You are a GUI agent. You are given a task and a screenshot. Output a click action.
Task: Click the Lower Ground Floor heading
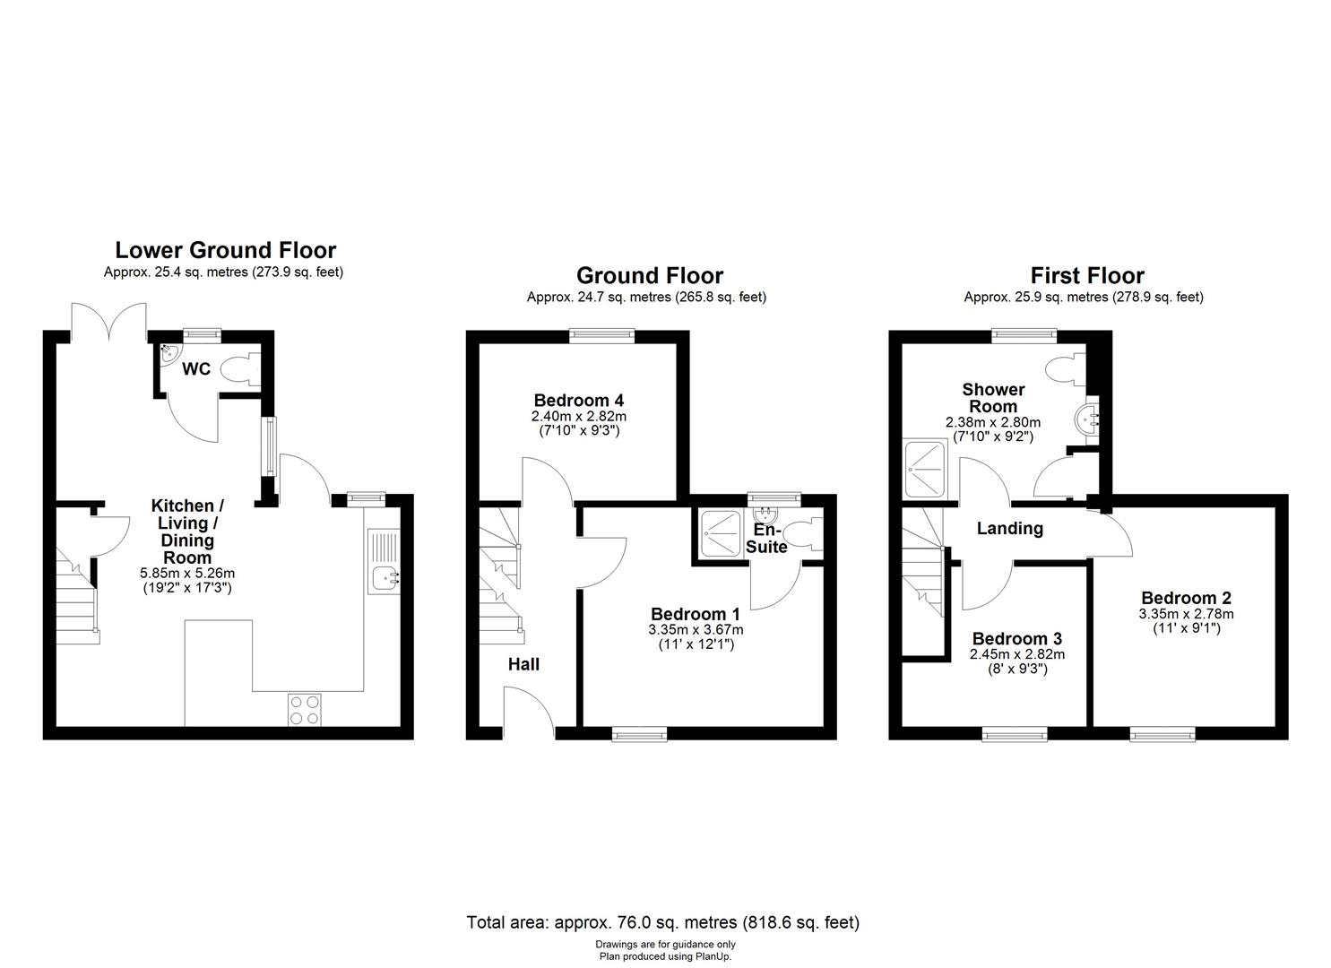225,250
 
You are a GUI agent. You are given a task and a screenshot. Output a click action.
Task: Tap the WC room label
196,369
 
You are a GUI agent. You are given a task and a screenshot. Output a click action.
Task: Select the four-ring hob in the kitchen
303,710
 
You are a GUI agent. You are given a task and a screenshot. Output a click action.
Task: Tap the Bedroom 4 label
578,400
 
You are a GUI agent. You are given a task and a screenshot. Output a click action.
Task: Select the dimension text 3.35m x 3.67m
696,629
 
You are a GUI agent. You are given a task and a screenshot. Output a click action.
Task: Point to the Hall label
523,664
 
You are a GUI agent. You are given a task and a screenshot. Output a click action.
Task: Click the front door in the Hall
528,713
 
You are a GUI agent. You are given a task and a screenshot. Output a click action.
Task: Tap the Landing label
1009,528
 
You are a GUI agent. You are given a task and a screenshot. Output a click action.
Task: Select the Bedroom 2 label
1186,598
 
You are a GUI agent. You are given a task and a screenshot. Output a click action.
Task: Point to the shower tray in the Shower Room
925,468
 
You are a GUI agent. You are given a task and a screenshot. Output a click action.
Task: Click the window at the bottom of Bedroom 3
1015,735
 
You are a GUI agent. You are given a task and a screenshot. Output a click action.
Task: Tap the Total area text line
662,921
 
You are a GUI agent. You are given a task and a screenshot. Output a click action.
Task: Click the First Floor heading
1086,275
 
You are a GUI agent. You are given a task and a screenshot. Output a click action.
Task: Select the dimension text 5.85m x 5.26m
187,573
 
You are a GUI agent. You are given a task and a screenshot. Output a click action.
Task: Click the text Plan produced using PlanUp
664,956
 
